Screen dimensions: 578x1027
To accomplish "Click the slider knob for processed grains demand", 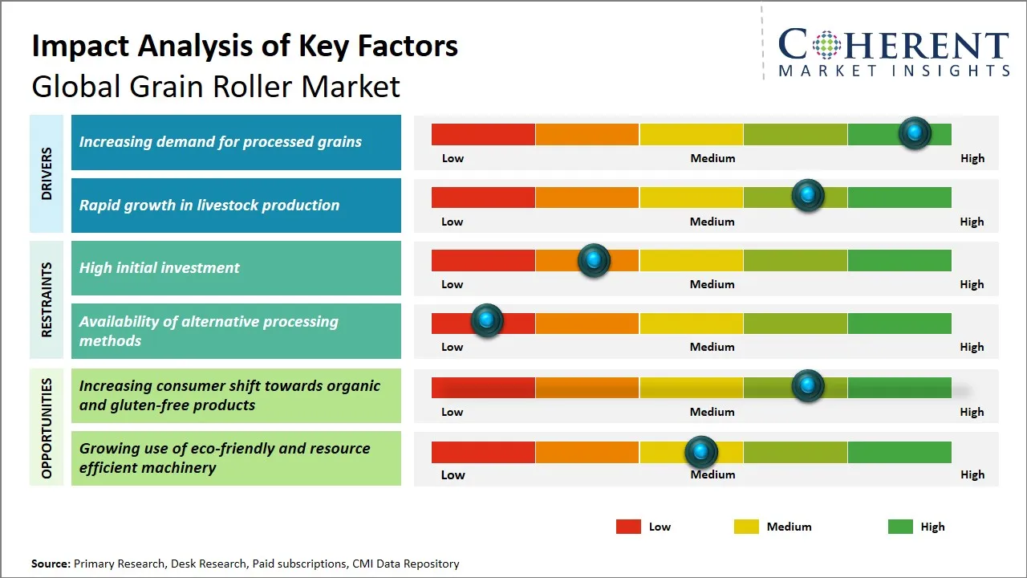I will tap(914, 133).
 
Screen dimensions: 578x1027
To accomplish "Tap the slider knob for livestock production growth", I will tap(807, 196).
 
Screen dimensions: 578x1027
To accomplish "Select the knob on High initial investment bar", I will tap(594, 260).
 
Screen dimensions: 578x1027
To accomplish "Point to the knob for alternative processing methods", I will tap(486, 321).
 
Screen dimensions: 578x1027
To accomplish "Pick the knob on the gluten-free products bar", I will tap(807, 386).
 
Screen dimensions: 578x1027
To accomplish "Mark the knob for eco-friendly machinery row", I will tap(701, 453).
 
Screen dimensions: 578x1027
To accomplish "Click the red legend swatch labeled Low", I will tap(628, 527).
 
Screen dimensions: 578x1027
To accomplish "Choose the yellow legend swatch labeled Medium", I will tap(746, 527).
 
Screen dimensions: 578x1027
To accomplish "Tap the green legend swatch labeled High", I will tap(900, 527).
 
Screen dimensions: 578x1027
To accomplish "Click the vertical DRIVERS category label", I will tap(47, 173).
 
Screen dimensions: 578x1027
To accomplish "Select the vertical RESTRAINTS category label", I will tap(47, 299).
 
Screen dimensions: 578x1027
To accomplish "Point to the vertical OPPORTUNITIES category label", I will tap(47, 428).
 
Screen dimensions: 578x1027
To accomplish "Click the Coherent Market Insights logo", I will tap(894, 53).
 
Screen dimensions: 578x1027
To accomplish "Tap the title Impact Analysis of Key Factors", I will tap(245, 46).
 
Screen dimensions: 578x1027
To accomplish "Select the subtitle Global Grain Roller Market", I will tap(216, 86).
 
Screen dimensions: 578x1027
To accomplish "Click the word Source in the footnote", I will tap(51, 564).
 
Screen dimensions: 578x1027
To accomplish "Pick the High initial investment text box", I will tap(236, 268).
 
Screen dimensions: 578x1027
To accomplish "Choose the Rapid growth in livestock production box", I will tap(236, 206).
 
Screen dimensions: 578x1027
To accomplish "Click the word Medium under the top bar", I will tap(712, 158).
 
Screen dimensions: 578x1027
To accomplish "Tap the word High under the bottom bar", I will tap(972, 474).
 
